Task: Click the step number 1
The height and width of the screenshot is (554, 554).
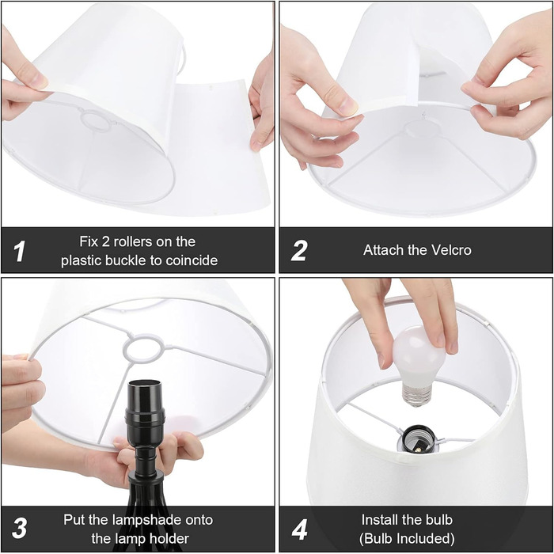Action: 20,251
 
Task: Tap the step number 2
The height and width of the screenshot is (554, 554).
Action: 299,251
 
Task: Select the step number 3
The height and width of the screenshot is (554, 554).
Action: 20,528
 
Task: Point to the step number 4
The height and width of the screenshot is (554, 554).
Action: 299,529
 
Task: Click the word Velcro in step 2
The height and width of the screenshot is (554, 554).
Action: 450,250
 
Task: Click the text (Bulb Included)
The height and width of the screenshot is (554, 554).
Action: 407,538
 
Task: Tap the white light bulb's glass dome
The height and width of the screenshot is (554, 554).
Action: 419,357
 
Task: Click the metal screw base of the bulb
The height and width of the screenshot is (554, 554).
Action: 417,395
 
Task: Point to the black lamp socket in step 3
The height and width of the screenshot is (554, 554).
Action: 145,410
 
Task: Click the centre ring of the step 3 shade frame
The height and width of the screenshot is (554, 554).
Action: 144,348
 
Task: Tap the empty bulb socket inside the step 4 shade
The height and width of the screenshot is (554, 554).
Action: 418,439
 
